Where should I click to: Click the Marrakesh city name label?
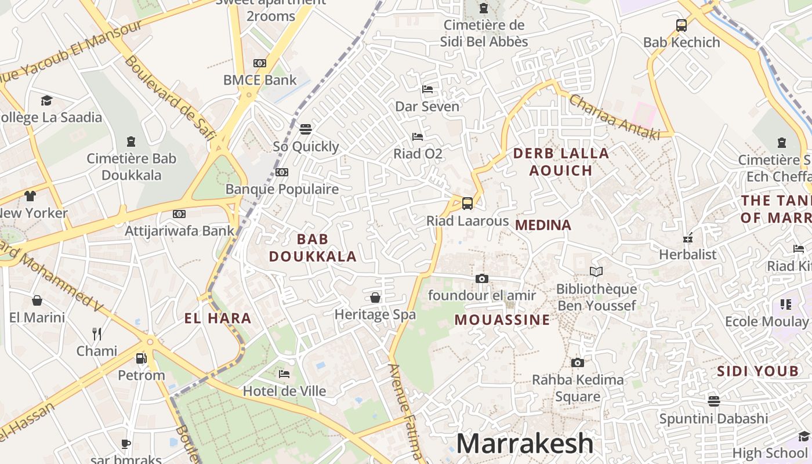pyautogui.click(x=525, y=444)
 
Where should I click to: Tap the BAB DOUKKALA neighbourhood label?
pyautogui.click(x=313, y=248)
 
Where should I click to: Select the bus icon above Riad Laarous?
pyautogui.click(x=467, y=204)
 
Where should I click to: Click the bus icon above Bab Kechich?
pyautogui.click(x=681, y=26)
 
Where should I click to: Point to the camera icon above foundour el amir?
pyautogui.click(x=481, y=278)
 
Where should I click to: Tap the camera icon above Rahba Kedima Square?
pyautogui.click(x=577, y=363)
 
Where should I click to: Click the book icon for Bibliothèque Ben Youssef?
pyautogui.click(x=596, y=271)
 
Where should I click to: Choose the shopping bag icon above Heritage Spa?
pyautogui.click(x=375, y=298)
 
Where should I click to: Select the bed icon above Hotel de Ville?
pyautogui.click(x=284, y=374)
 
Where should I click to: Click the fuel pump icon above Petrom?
pyautogui.click(x=141, y=358)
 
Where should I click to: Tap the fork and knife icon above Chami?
pyautogui.click(x=97, y=334)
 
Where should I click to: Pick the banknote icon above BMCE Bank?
pyautogui.click(x=259, y=63)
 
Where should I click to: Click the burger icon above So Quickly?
pyautogui.click(x=306, y=129)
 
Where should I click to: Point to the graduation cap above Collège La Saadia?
pyautogui.click(x=46, y=101)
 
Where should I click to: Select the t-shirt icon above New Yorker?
pyautogui.click(x=30, y=196)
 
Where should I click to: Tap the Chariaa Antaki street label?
pyautogui.click(x=614, y=117)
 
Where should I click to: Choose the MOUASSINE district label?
pyautogui.click(x=502, y=320)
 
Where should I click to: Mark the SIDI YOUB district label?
pyautogui.click(x=757, y=371)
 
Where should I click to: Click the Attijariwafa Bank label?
pyautogui.click(x=180, y=231)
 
